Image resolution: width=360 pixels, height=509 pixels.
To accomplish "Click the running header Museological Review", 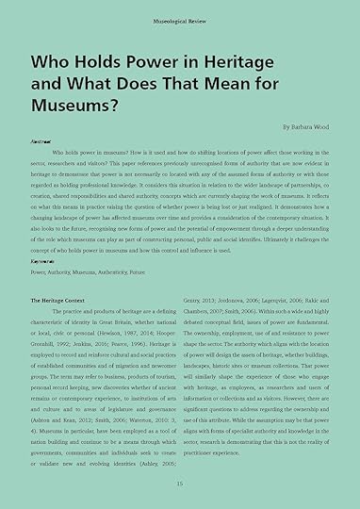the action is [179, 19].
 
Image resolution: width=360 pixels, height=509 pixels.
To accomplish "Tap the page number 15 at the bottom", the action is [179, 483].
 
